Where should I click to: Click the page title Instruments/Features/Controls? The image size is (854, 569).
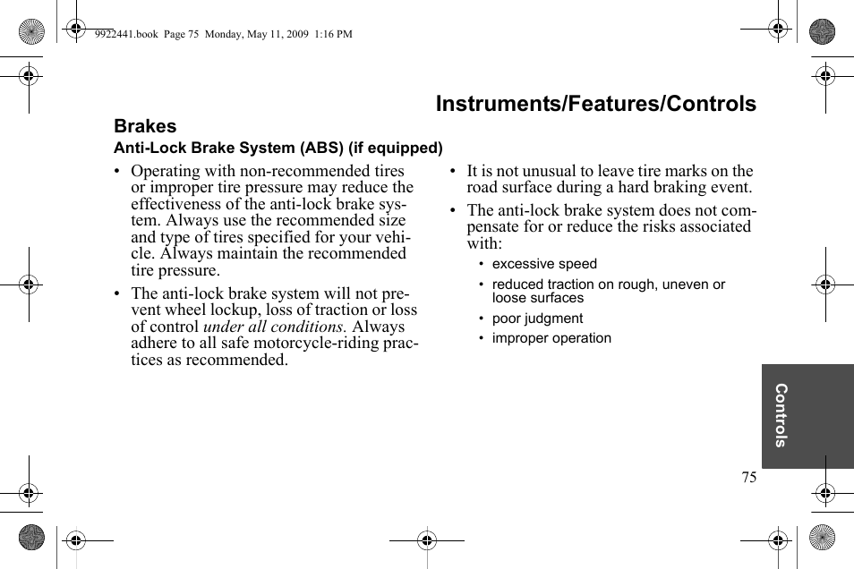(595, 104)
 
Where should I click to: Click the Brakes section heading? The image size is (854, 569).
(145, 126)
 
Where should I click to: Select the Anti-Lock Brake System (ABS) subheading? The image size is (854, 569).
(278, 148)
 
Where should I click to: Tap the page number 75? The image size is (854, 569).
(748, 477)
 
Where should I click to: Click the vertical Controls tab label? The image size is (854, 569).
(781, 415)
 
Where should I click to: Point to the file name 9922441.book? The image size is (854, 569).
(125, 34)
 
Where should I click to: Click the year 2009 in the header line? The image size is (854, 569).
(297, 34)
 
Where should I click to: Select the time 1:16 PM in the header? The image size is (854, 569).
(334, 34)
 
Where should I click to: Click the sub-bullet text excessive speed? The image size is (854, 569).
(544, 264)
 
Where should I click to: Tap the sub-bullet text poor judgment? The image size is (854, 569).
(537, 318)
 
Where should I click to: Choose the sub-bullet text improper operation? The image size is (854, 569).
(551, 338)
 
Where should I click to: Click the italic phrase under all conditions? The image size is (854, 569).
(274, 327)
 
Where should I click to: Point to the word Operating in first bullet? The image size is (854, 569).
(166, 171)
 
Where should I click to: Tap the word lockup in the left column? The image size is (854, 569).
(232, 310)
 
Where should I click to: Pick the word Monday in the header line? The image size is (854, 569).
(223, 34)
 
